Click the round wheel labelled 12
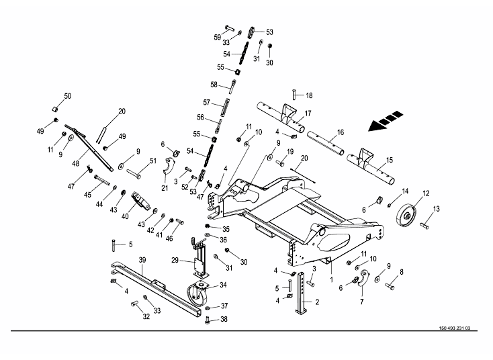408,217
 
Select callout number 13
436,209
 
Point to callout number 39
142,260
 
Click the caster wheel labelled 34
199,294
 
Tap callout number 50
67,96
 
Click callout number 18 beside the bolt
310,95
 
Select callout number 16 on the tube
341,132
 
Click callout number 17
308,114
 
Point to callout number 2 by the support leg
317,302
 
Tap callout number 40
125,216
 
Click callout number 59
218,36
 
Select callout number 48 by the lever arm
75,163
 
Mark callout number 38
224,319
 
